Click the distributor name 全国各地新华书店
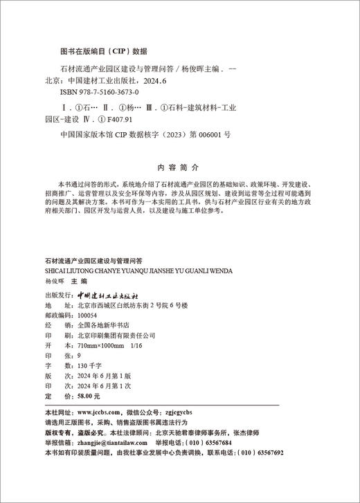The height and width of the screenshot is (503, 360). pyautogui.click(x=93, y=324)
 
